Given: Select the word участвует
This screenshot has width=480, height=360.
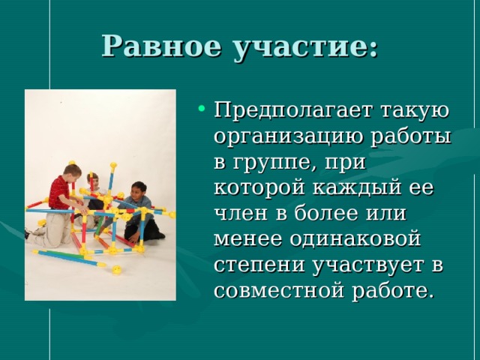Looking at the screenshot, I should click(x=362, y=265).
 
